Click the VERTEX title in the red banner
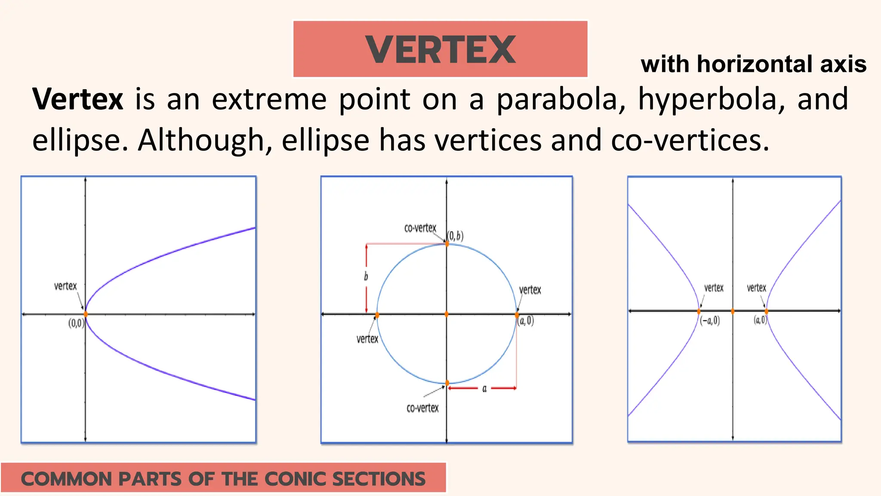click(440, 50)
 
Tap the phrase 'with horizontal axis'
click(753, 64)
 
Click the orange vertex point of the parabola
click(86, 314)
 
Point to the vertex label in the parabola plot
click(65, 286)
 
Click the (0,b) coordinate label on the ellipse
click(456, 236)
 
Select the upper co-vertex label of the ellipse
click(420, 228)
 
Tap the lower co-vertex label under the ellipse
click(422, 408)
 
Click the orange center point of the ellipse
click(447, 314)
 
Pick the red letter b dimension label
click(366, 276)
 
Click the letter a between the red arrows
click(484, 389)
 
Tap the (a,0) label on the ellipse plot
click(526, 321)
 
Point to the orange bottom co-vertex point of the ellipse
click(447, 383)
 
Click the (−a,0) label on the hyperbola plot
click(710, 321)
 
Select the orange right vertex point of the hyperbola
click(766, 311)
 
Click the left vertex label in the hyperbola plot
click(714, 288)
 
